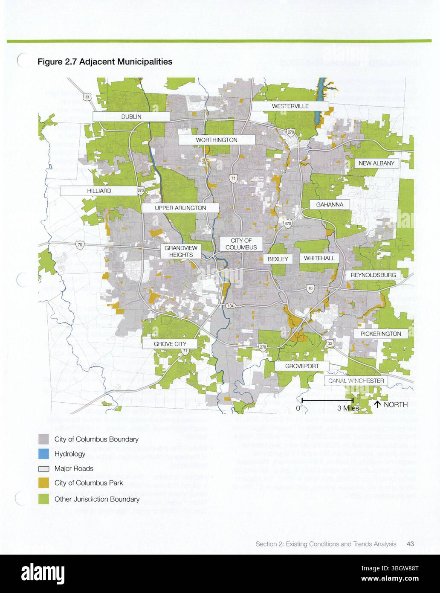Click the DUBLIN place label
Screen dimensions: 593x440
coord(131,116)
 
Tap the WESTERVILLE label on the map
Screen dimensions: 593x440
coord(290,106)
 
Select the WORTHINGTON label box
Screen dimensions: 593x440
coord(217,140)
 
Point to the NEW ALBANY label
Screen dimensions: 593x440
coord(376,163)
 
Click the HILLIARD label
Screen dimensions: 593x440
coord(99,191)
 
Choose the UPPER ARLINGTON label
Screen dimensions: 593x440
coord(180,208)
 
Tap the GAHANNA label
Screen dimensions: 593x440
coord(330,205)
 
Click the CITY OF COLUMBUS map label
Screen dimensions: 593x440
coord(241,244)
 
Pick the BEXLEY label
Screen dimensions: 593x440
coord(278,259)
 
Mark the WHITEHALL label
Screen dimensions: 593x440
coord(319,258)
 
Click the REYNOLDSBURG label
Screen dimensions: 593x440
coord(373,275)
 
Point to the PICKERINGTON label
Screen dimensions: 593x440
coord(380,334)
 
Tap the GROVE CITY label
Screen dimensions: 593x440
coord(170,344)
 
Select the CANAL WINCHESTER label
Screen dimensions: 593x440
coord(356,381)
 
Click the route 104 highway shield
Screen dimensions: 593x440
coord(230,306)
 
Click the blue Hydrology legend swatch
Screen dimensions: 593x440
coord(44,454)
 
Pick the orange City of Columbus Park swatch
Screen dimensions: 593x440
coord(44,483)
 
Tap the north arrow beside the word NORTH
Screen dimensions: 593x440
coord(377,404)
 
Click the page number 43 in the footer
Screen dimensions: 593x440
coord(411,544)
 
